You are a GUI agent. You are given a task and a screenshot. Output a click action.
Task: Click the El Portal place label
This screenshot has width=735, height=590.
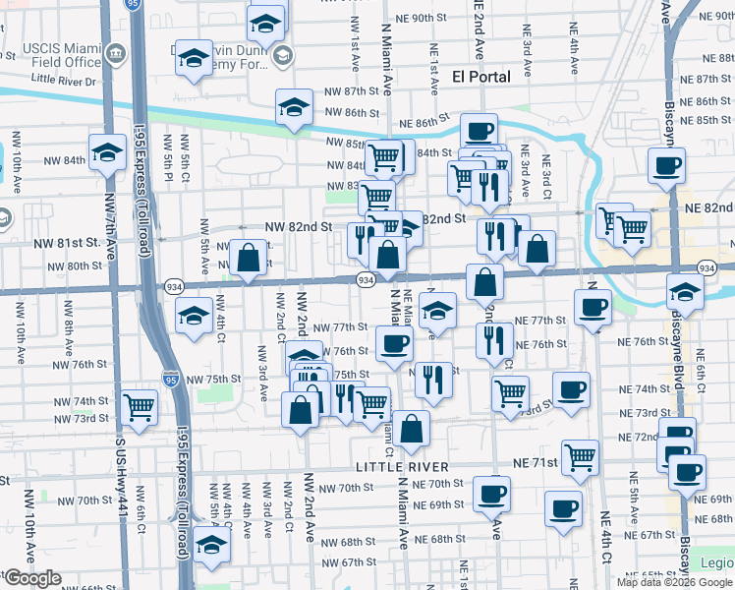pos(481,76)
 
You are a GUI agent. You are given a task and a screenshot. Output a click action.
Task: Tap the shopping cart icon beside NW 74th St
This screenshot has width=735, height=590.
pos(140,407)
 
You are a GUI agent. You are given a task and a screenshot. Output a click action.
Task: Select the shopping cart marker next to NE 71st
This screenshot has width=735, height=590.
pos(580,457)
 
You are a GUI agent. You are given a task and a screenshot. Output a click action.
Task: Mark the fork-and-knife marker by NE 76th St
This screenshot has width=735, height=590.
pos(493,338)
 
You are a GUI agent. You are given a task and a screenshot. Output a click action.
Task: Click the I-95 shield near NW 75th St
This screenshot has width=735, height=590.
pos(171,379)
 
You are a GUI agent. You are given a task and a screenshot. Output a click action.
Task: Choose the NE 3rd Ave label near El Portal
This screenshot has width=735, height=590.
pos(528,60)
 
